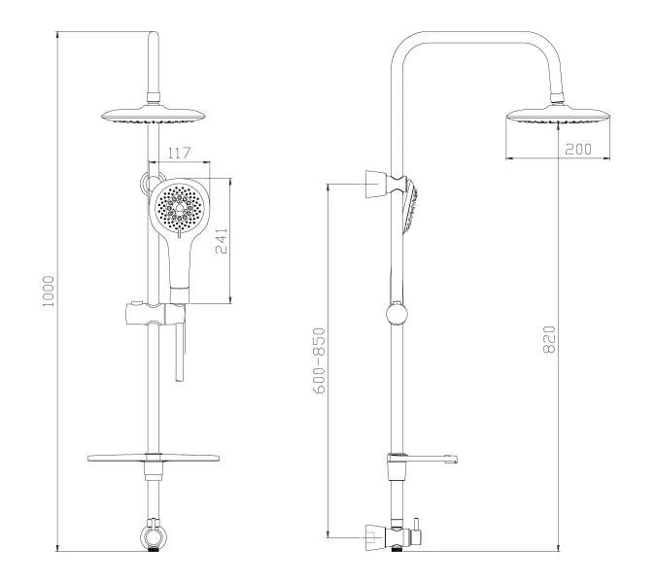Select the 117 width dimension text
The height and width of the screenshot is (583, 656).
pyautogui.click(x=178, y=154)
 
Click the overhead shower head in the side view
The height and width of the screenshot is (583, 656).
pyautogui.click(x=559, y=117)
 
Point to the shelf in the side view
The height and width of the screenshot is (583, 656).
pyautogui.click(x=426, y=458)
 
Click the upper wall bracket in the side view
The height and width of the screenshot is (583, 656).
pyautogui.click(x=374, y=183)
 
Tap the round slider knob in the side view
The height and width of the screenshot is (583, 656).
pyautogui.click(x=397, y=314)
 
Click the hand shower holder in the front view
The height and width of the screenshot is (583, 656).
pyautogui.click(x=151, y=314)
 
